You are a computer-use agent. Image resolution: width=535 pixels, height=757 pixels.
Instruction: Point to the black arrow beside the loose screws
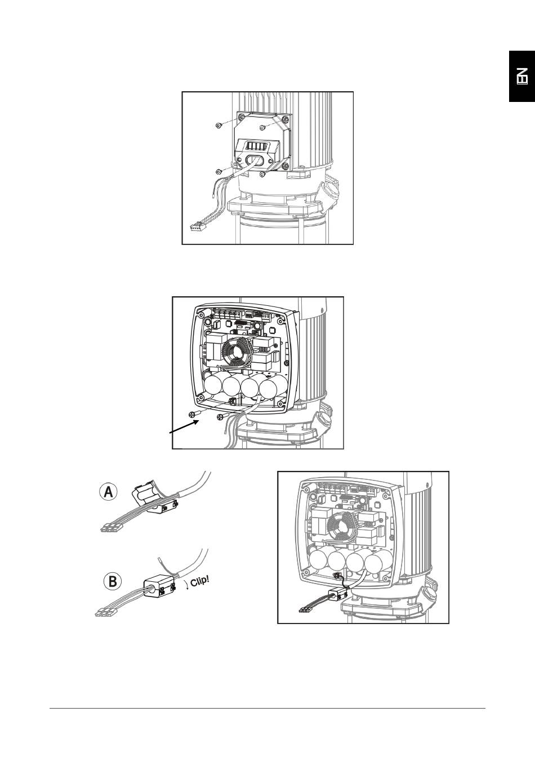coord(182,429)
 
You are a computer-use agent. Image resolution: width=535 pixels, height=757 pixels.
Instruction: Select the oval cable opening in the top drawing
coord(253,160)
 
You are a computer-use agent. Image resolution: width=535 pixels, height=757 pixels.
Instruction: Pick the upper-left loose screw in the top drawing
coord(219,124)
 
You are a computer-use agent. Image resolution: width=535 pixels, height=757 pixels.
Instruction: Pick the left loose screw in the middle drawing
coord(195,414)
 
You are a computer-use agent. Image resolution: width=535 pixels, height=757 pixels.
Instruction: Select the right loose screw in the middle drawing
coord(220,417)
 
